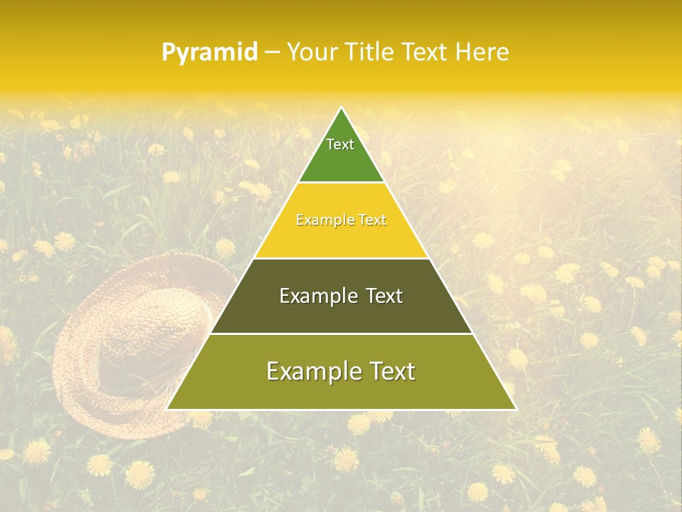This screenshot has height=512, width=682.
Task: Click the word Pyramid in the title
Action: click(x=209, y=53)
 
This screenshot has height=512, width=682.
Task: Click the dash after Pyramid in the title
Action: click(x=271, y=53)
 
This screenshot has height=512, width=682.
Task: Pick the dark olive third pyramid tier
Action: click(x=341, y=313)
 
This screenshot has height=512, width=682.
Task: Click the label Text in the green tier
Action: click(x=340, y=144)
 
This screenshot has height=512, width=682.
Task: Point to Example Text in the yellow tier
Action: click(x=341, y=220)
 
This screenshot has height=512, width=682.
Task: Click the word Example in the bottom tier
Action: click(x=310, y=371)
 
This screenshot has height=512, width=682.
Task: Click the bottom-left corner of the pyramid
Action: click(x=168, y=409)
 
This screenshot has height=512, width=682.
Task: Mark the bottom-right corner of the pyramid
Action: click(x=515, y=409)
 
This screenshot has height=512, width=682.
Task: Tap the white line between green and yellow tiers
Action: click(x=341, y=182)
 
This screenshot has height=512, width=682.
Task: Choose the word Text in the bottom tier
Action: click(x=388, y=371)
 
